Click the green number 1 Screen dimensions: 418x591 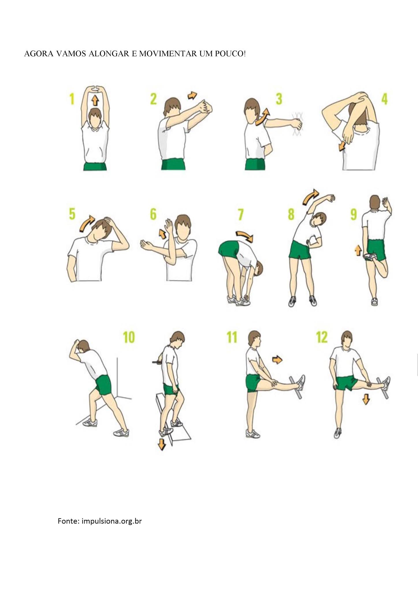[x=72, y=99]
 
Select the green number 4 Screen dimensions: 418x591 [x=384, y=99]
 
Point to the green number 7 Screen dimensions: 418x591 [x=241, y=214]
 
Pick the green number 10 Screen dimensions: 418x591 [x=129, y=337]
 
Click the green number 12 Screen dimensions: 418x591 [x=322, y=337]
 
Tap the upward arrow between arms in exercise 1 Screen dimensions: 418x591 [x=95, y=101]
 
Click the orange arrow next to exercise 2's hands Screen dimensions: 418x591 [x=192, y=95]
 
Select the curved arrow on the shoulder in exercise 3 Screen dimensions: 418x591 [x=262, y=117]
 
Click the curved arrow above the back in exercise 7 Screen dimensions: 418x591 [x=245, y=236]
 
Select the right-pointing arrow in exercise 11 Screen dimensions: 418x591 [x=277, y=360]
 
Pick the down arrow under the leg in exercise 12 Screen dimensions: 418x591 [x=366, y=399]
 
